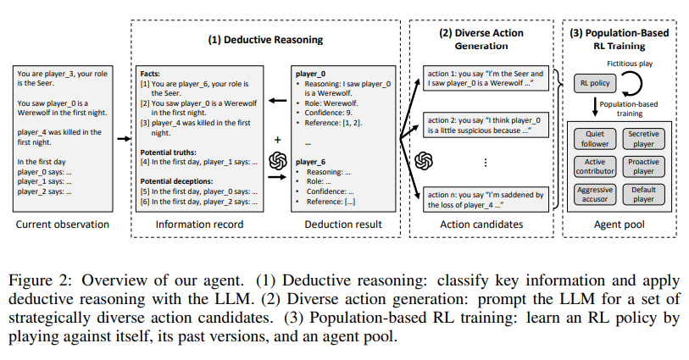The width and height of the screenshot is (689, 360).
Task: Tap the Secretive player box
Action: [643, 139]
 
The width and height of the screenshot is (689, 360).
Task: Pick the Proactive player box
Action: [643, 167]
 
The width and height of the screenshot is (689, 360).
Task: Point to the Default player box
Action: [643, 195]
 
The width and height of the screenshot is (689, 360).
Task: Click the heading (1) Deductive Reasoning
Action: [265, 39]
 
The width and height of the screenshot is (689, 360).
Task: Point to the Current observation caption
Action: [63, 224]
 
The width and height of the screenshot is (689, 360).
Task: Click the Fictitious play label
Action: [628, 64]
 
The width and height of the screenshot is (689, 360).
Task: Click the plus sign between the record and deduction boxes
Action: [276, 139]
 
